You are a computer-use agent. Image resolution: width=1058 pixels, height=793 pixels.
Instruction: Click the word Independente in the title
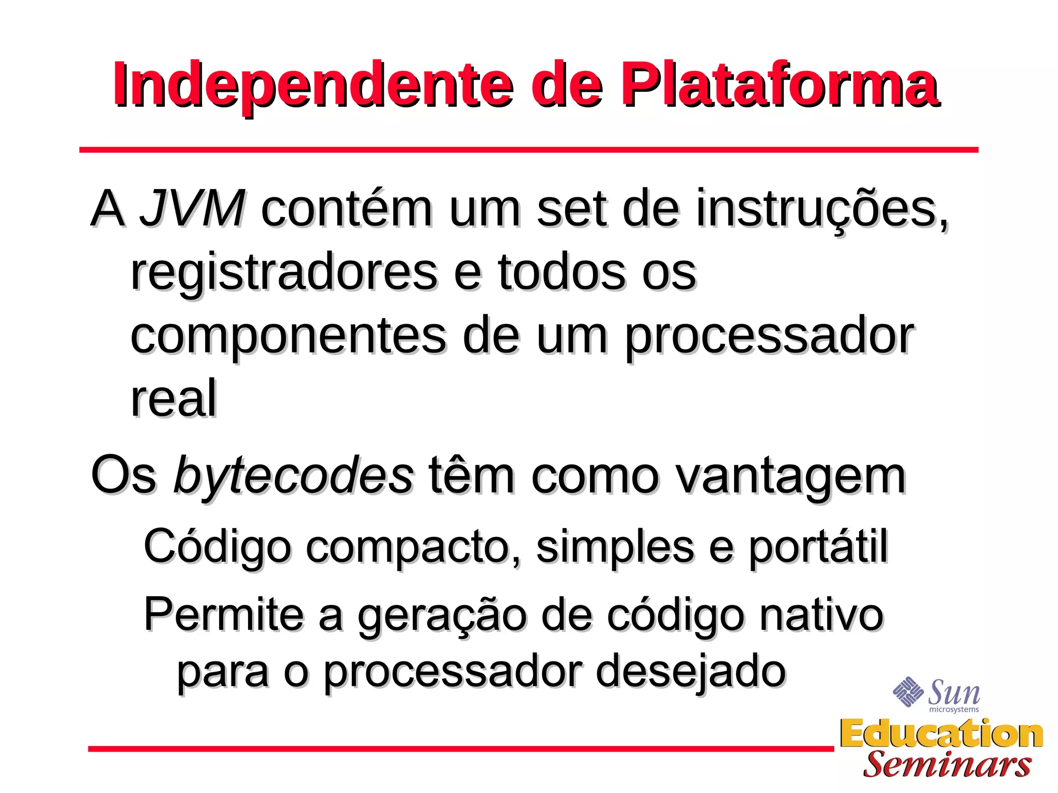(x=313, y=85)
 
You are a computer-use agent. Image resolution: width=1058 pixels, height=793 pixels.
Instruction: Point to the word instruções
(x=822, y=209)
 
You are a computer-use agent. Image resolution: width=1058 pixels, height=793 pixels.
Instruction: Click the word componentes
(x=288, y=337)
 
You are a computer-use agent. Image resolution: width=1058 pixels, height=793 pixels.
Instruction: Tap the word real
(x=174, y=399)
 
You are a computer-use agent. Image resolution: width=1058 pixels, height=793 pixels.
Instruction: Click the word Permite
(x=224, y=614)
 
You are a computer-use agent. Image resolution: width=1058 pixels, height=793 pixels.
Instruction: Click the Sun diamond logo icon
(x=908, y=691)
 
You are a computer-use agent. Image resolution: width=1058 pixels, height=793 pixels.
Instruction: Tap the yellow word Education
(x=941, y=734)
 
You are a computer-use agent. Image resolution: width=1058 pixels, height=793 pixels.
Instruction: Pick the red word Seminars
(x=947, y=765)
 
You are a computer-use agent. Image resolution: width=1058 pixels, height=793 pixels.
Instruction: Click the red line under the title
(x=528, y=150)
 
